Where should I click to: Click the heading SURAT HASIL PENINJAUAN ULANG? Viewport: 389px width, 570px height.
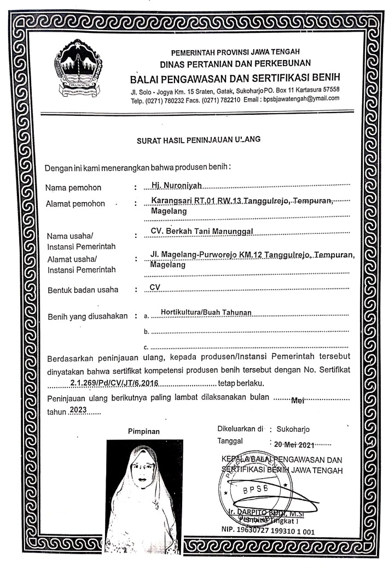pyautogui.click(x=199, y=139)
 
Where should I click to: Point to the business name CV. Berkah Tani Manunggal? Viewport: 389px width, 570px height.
pyautogui.click(x=201, y=231)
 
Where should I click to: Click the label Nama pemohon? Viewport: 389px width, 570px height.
pyautogui.click(x=73, y=188)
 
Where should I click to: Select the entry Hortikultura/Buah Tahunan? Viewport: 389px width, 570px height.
pyautogui.click(x=202, y=312)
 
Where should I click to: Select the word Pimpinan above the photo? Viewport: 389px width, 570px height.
pyautogui.click(x=144, y=431)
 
